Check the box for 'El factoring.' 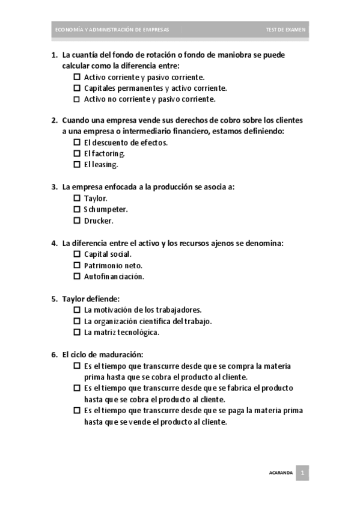click(77, 153)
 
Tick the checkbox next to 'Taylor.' click(77, 198)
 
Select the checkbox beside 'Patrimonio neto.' click(77, 265)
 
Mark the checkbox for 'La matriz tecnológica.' click(77, 332)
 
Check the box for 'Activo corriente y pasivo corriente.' click(77, 77)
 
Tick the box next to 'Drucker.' click(77, 220)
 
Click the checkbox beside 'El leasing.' click(77, 164)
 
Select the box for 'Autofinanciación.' click(77, 276)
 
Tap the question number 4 click(54, 243)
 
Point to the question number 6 click(54, 354)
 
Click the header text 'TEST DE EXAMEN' click(286, 29)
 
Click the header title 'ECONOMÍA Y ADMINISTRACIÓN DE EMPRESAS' click(112, 29)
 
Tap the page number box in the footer click(304, 473)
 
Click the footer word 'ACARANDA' click(281, 473)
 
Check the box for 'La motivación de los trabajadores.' click(77, 310)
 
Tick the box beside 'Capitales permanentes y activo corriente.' click(77, 88)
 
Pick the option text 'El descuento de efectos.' click(126, 143)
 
